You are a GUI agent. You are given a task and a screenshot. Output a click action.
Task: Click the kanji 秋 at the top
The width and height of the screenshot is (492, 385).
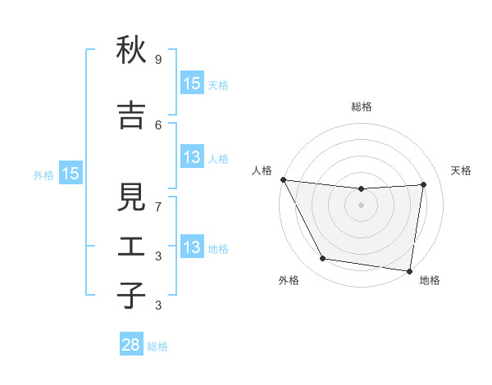[131, 51]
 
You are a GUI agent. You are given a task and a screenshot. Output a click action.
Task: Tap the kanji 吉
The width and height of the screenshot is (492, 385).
[131, 115]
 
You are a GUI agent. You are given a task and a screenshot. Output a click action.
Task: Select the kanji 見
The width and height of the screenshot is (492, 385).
[131, 197]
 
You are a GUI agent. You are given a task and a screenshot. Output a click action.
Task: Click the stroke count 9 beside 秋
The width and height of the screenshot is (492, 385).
[158, 60]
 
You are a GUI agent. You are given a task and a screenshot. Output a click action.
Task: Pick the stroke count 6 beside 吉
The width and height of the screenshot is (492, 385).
[158, 125]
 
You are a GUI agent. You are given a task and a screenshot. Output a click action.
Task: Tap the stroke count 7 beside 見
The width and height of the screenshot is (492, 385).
[158, 206]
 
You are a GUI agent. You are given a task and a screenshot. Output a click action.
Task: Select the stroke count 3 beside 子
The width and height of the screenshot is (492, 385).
[158, 306]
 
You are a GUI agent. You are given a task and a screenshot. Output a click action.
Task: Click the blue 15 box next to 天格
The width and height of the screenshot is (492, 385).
[191, 84]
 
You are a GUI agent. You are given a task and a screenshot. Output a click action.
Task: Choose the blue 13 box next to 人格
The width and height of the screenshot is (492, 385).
[191, 157]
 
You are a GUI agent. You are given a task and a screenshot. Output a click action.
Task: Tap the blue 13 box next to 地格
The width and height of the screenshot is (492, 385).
[191, 248]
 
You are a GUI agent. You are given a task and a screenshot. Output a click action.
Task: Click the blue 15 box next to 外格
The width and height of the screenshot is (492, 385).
[70, 174]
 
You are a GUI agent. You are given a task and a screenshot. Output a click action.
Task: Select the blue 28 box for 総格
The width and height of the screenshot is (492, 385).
[131, 345]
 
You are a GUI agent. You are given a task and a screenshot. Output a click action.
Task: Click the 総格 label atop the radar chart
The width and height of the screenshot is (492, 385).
[362, 106]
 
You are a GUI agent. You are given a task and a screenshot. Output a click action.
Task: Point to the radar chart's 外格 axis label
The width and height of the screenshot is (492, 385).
[289, 280]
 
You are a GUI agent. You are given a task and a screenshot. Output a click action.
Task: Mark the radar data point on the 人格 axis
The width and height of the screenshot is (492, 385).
[283, 179]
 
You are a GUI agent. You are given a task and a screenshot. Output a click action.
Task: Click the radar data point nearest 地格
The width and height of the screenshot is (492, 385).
[410, 270]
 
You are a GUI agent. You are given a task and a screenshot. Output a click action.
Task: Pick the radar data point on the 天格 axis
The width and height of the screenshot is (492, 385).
[424, 184]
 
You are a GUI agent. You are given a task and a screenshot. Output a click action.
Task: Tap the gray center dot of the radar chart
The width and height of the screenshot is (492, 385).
[362, 205]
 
